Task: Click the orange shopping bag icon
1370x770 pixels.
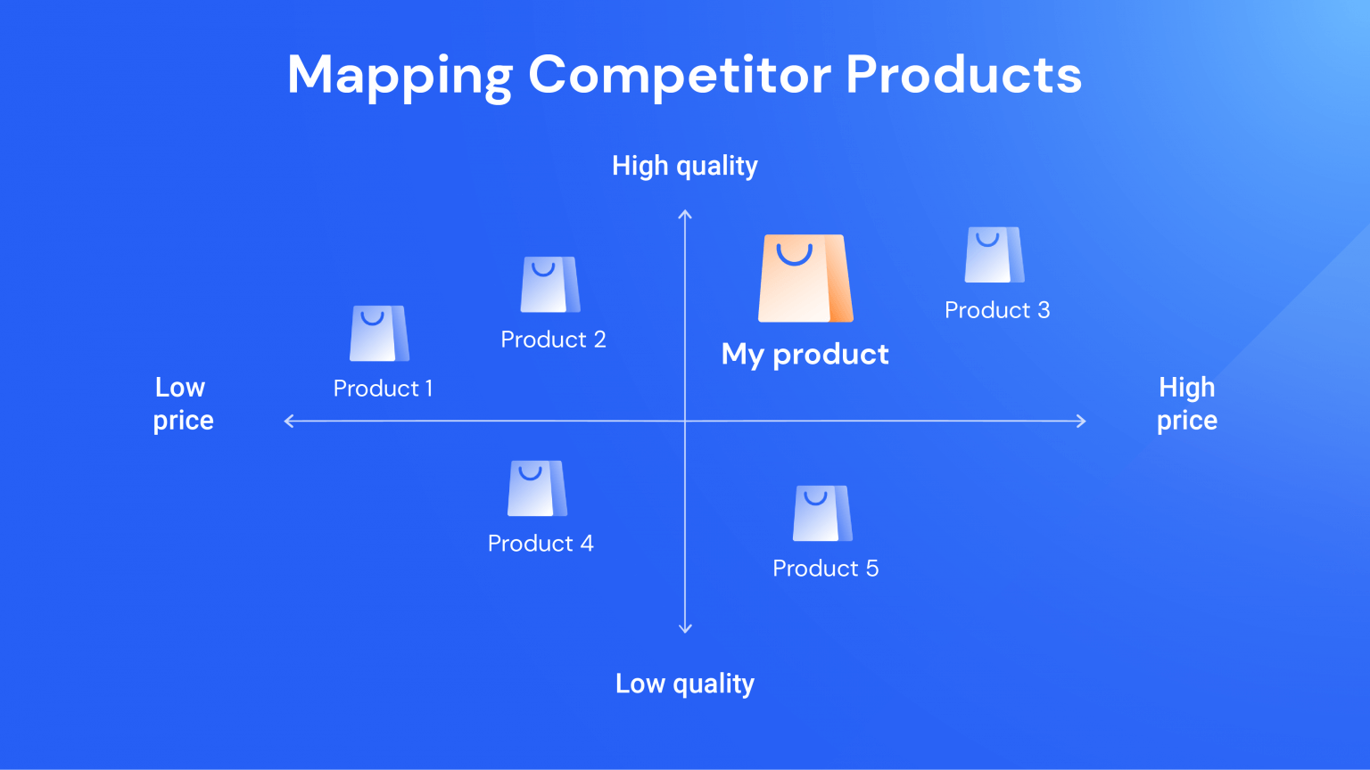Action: click(x=805, y=278)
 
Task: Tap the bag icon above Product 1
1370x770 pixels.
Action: click(x=379, y=333)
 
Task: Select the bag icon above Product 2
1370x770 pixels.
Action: click(x=549, y=284)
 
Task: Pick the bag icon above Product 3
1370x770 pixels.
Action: click(x=994, y=255)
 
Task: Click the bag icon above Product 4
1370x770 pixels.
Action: click(x=537, y=488)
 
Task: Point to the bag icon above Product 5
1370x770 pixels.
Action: click(x=822, y=513)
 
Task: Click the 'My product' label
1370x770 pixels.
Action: click(x=805, y=355)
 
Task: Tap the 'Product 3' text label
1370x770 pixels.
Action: click(x=997, y=310)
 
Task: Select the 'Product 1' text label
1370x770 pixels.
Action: click(x=383, y=389)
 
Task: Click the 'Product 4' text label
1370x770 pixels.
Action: click(x=541, y=544)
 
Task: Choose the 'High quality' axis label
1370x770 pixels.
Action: click(x=684, y=166)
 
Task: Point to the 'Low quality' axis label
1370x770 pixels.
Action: click(x=684, y=684)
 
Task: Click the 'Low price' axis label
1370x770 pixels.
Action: click(x=182, y=404)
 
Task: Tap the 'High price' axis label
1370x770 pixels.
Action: click(x=1186, y=404)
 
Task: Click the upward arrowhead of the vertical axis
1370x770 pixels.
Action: click(x=685, y=214)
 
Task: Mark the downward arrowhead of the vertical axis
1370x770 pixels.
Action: click(x=685, y=629)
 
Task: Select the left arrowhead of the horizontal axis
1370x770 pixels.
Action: click(x=288, y=422)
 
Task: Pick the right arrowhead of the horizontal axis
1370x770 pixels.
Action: click(x=1082, y=422)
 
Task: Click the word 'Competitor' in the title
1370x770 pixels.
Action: click(x=680, y=75)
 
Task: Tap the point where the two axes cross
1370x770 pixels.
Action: click(x=685, y=422)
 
